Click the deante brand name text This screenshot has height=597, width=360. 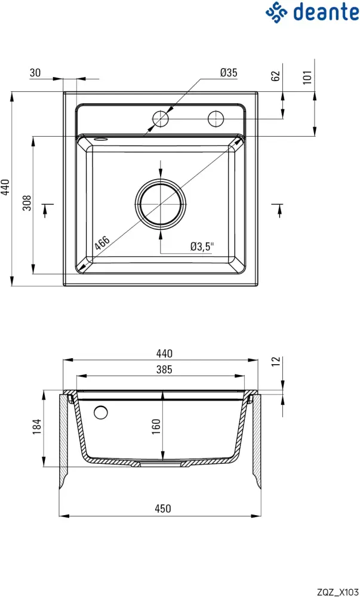click(x=326, y=12)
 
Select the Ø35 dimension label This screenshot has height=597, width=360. click(x=229, y=72)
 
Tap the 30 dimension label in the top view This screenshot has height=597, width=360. click(x=35, y=72)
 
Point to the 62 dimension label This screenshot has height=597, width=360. click(x=276, y=76)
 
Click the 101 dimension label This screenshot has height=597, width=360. click(x=308, y=77)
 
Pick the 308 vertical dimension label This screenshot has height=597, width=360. click(x=27, y=204)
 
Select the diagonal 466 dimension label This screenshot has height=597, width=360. click(x=102, y=244)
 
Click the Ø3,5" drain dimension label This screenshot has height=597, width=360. click(x=202, y=247)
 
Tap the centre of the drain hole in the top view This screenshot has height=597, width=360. click(x=161, y=204)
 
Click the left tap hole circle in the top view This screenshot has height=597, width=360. click(x=161, y=119)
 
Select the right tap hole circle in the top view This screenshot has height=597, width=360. click(x=216, y=119)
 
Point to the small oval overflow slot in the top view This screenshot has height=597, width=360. click(x=100, y=139)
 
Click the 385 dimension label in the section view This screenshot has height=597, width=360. click(x=164, y=369)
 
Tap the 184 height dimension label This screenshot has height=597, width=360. click(x=36, y=427)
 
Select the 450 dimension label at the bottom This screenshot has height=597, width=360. click(x=163, y=508)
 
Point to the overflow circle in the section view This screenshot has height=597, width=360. click(x=101, y=413)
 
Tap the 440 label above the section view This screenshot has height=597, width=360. click(x=164, y=353)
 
